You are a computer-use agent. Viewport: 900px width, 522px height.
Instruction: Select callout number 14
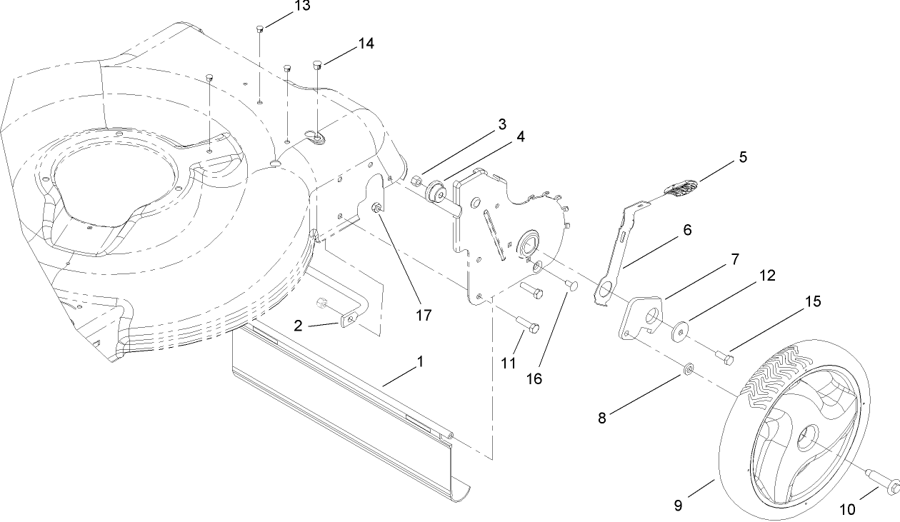pos(366,44)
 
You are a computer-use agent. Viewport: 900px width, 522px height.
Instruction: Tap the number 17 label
pos(424,315)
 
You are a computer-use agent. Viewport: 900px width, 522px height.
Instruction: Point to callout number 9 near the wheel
pos(678,506)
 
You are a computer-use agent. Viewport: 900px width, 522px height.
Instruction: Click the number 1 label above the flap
pos(420,362)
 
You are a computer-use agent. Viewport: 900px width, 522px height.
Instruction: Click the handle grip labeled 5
pos(679,189)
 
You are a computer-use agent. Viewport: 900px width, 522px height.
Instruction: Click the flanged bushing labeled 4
pos(435,193)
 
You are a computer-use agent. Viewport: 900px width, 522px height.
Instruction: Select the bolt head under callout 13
pos(260,29)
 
